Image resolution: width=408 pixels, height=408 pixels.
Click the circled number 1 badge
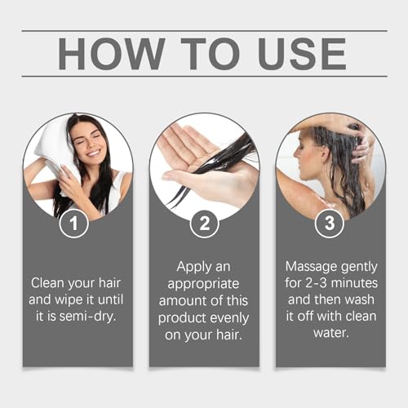(x=74, y=223)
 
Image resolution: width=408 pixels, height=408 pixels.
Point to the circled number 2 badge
(x=203, y=223)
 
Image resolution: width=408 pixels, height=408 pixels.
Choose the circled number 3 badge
(x=330, y=223)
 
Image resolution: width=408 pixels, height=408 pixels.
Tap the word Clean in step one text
(x=49, y=282)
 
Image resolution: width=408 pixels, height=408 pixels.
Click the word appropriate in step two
(x=202, y=282)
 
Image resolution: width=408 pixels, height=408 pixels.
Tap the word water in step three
(x=330, y=334)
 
